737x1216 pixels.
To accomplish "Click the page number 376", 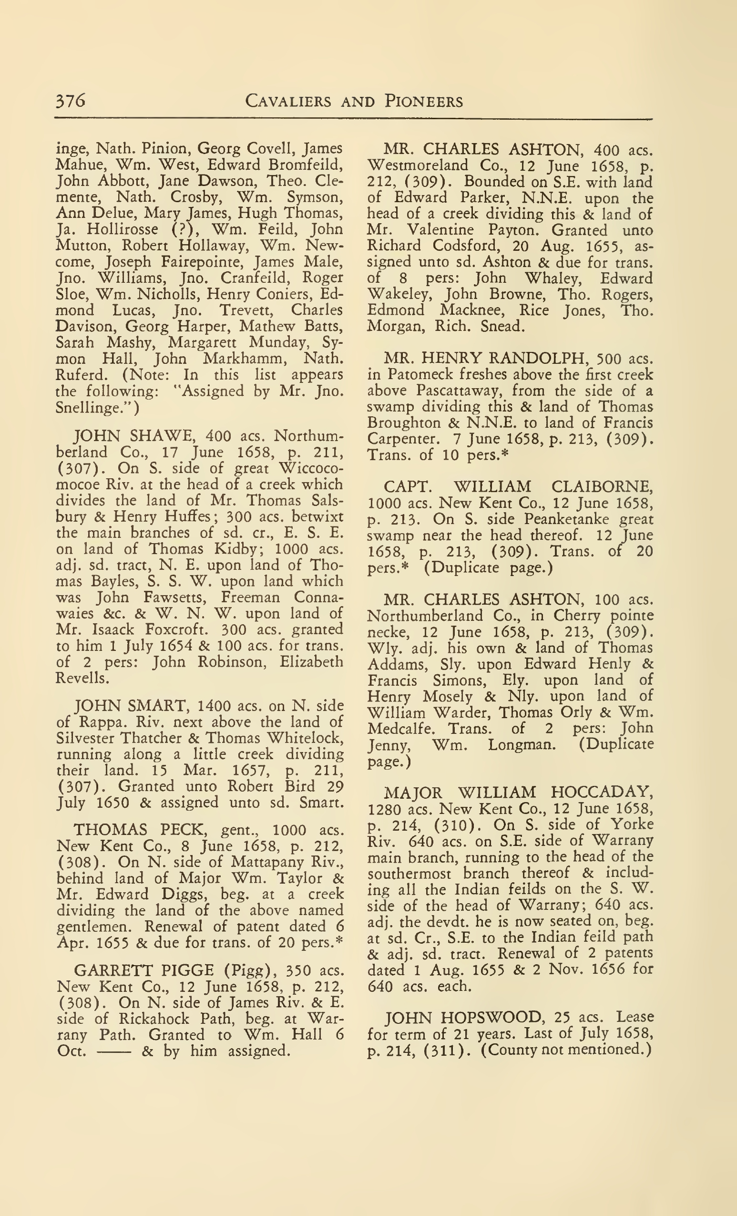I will (71, 101).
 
